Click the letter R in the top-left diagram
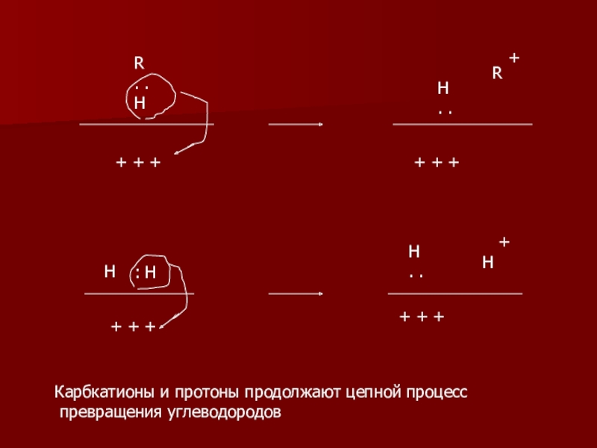pyautogui.click(x=139, y=63)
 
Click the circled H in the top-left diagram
pyautogui.click(x=140, y=103)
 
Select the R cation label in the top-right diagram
pyautogui.click(x=496, y=74)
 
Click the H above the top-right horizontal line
pyautogui.click(x=443, y=89)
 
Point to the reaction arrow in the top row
pyautogui.click(x=296, y=124)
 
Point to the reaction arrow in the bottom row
pyautogui.click(x=296, y=293)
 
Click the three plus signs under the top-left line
pyautogui.click(x=138, y=162)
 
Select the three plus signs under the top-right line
pyautogui.click(x=437, y=162)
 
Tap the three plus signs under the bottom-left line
pyautogui.click(x=133, y=327)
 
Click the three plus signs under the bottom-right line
pyautogui.click(x=422, y=318)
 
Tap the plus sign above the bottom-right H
pyautogui.click(x=504, y=243)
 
